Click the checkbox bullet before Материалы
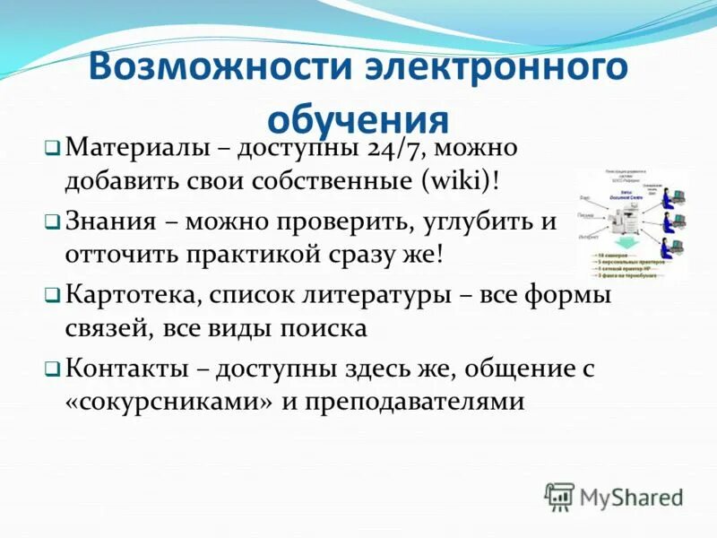[x=53, y=147]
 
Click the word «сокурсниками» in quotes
[x=168, y=401]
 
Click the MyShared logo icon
[x=559, y=496]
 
